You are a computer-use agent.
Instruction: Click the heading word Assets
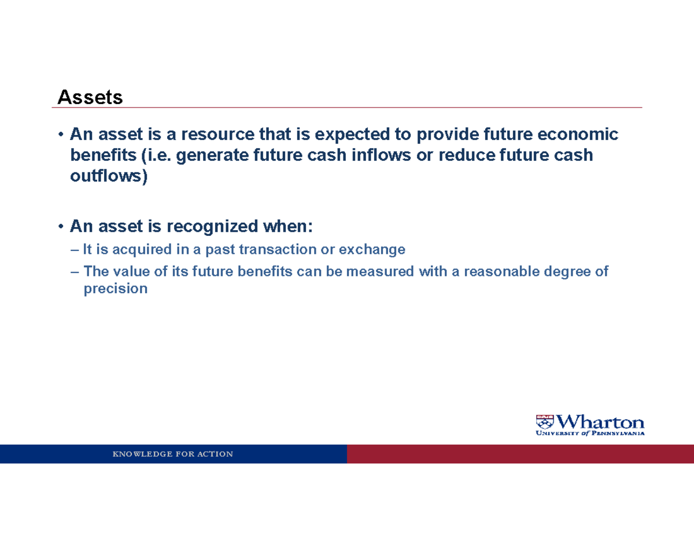[90, 98]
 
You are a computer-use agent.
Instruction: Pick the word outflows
[109, 177]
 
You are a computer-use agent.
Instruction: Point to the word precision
[116, 289]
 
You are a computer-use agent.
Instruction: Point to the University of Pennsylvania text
[590, 433]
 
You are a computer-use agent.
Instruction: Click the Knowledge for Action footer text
[173, 454]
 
